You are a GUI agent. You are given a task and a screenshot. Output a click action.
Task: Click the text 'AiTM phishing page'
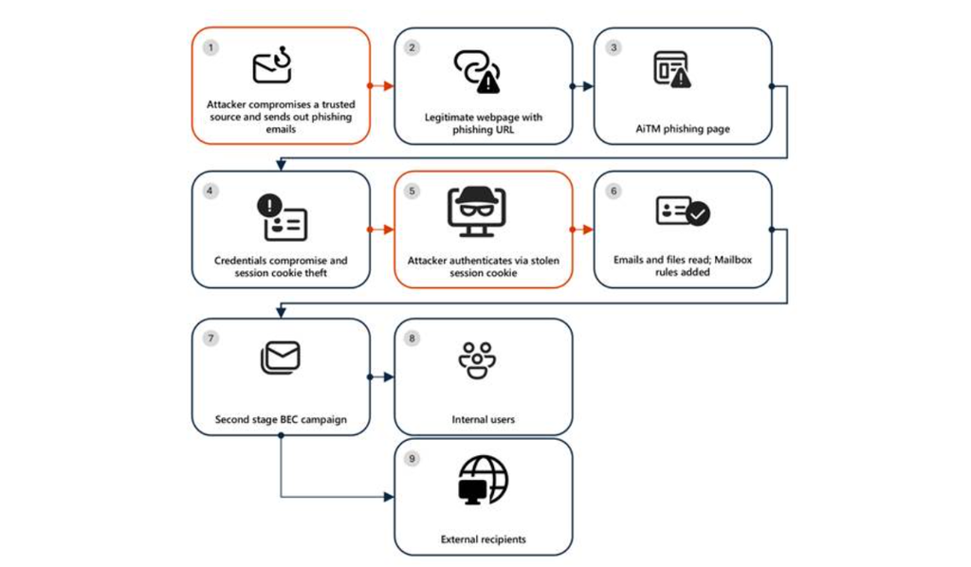point(683,129)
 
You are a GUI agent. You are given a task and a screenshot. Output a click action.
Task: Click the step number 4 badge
point(211,191)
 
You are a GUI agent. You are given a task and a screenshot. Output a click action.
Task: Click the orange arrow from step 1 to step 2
point(381,86)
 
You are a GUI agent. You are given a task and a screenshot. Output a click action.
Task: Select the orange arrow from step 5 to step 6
point(582,229)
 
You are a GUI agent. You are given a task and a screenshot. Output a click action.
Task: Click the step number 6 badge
point(614,191)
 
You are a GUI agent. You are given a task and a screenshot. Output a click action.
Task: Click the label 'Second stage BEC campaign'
point(280,419)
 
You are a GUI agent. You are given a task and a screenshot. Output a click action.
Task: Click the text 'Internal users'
point(484,419)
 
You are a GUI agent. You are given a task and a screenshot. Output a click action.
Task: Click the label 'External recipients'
point(484,540)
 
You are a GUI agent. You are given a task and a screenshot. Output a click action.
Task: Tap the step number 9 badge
point(412,459)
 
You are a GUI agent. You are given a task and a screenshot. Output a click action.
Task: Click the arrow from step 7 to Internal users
point(382,376)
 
